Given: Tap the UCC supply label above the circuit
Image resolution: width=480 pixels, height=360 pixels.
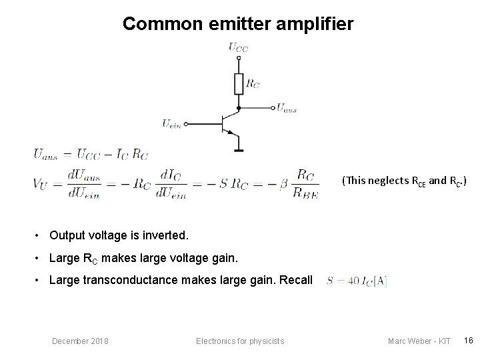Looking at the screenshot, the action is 238,47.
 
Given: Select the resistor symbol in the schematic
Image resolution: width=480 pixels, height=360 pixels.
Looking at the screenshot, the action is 239,85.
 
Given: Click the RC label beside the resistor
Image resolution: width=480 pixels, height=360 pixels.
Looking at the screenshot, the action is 253,84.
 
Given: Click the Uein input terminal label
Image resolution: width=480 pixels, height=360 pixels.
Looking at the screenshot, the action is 172,123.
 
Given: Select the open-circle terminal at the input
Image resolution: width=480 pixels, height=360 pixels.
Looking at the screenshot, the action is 187,123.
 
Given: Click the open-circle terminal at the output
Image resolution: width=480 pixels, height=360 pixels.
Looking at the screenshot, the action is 273,107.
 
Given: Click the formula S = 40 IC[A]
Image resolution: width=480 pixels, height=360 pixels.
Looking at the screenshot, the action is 357,281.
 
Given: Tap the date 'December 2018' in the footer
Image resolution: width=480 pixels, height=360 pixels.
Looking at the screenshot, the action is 81,341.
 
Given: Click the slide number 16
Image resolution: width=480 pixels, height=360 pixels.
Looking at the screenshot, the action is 468,341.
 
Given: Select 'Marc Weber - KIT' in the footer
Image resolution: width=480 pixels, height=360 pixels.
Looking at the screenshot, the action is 419,341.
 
